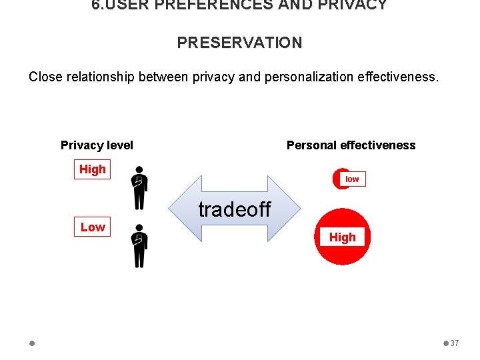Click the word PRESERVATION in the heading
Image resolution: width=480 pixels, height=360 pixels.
[x=239, y=43]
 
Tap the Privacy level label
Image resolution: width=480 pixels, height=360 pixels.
[x=97, y=145]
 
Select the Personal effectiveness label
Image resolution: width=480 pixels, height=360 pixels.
[x=351, y=145]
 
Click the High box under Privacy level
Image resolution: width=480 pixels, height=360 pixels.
[x=92, y=169]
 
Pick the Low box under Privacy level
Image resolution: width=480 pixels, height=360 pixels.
[x=93, y=227]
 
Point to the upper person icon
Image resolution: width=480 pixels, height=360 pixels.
[x=139, y=188]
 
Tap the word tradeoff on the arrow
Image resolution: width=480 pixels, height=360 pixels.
[x=235, y=209]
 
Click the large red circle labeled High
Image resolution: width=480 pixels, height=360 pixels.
[x=342, y=237]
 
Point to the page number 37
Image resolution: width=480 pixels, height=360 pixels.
[x=455, y=343]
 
